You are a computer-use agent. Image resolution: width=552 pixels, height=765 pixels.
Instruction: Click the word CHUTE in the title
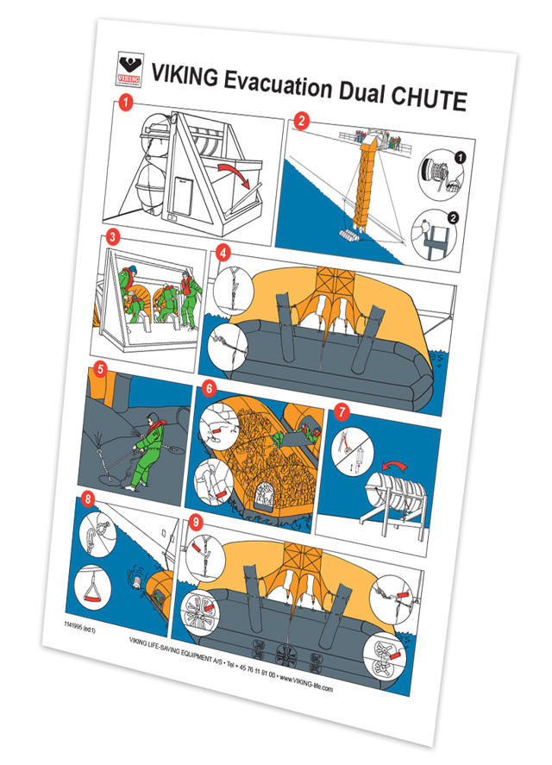(421, 97)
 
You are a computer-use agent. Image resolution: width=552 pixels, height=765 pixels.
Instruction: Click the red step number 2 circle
(300, 121)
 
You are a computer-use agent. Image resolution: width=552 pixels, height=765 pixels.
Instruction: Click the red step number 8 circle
(87, 498)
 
